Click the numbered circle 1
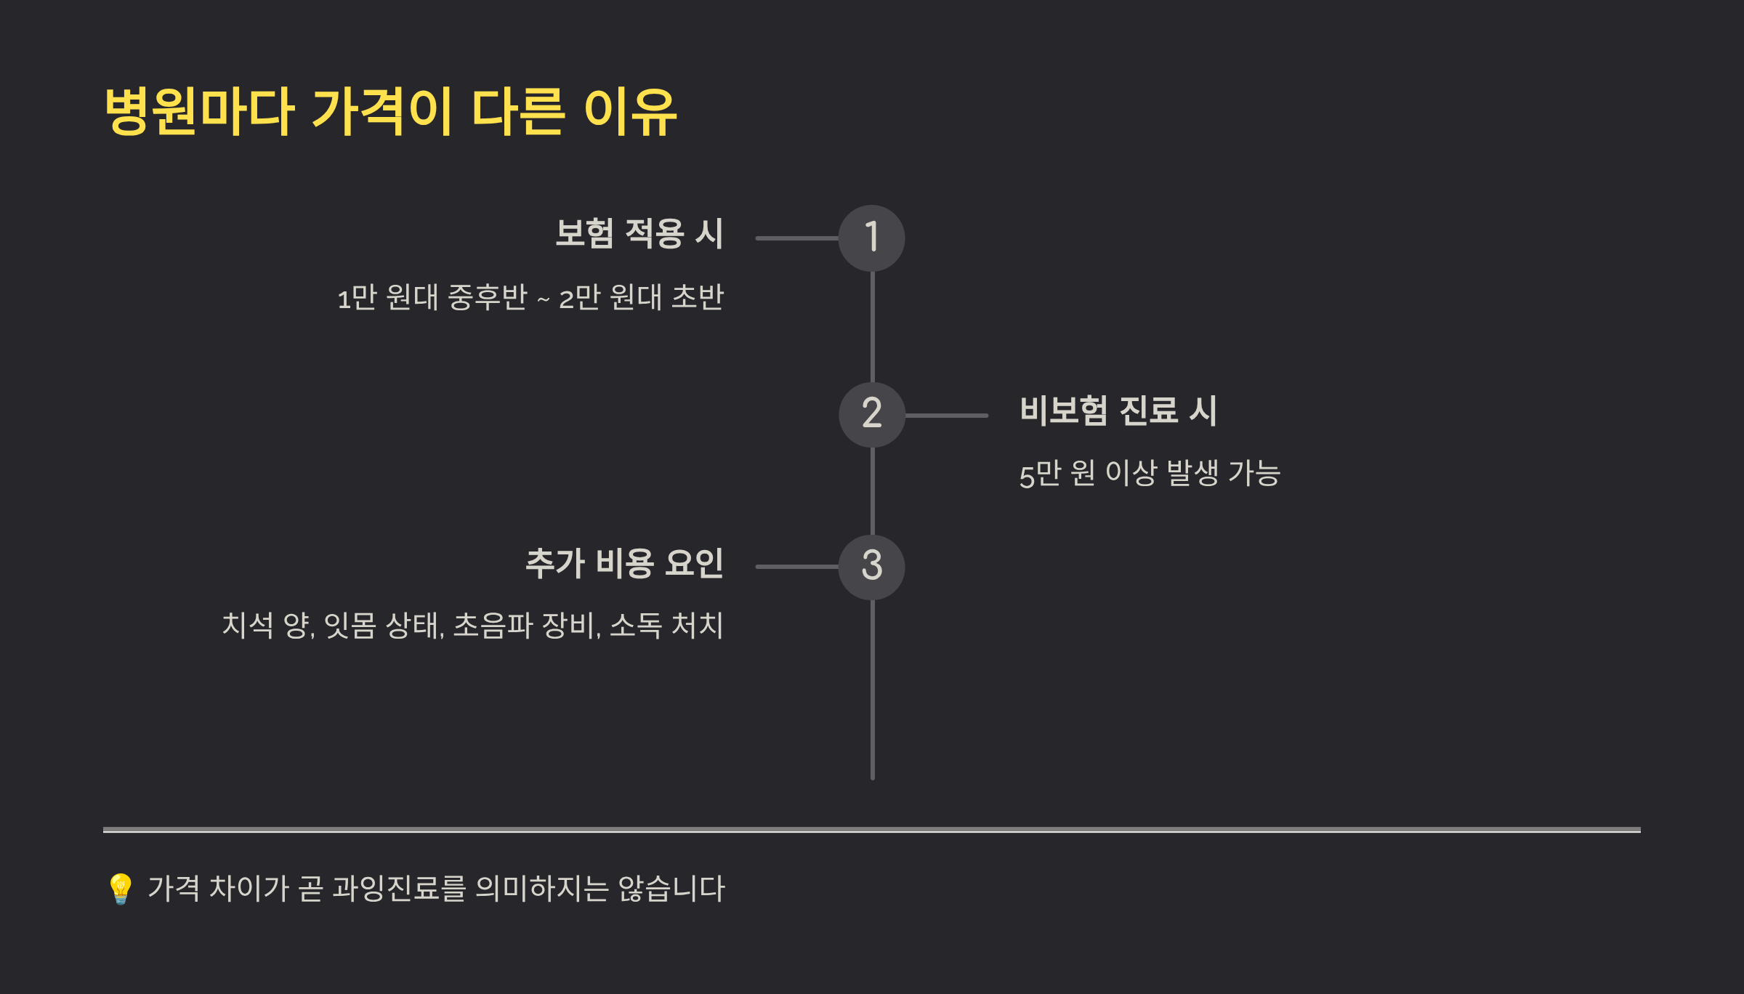click(x=871, y=238)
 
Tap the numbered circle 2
click(x=871, y=414)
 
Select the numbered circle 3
click(x=871, y=567)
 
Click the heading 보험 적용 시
click(x=639, y=234)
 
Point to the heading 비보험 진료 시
click(x=1118, y=411)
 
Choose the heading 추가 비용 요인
click(x=624, y=564)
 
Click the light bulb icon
click(x=120, y=889)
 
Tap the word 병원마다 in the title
click(x=199, y=111)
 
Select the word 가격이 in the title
click(x=382, y=111)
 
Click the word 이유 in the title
click(x=630, y=111)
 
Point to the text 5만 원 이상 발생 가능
click(x=1150, y=474)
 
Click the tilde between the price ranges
click(x=543, y=299)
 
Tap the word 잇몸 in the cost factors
click(x=350, y=626)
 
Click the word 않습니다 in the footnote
click(x=671, y=889)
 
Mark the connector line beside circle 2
click(x=946, y=416)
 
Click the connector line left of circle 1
click(x=797, y=238)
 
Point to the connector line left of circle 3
click(x=797, y=567)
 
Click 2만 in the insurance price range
click(x=579, y=298)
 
